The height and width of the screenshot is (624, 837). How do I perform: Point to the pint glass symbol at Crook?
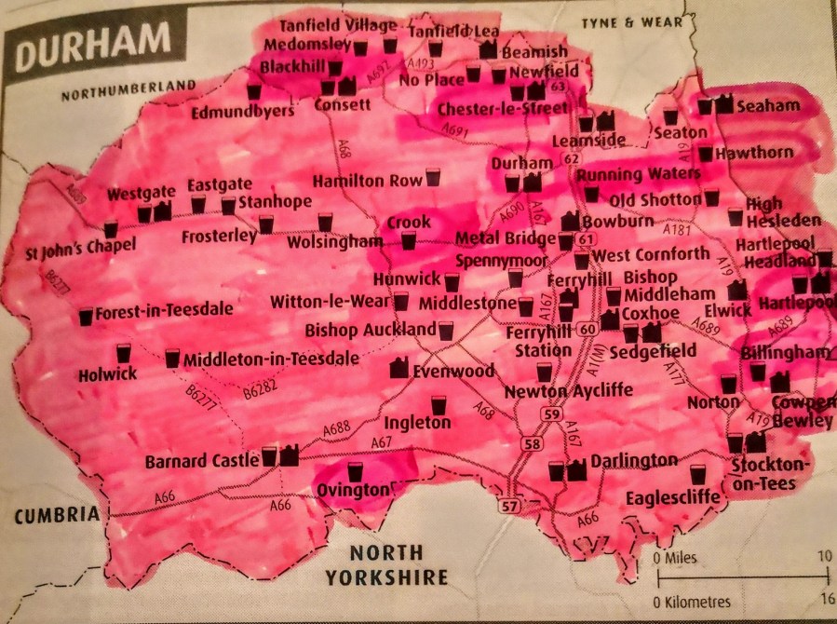[408, 241]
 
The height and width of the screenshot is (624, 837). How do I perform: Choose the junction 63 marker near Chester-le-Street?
[559, 87]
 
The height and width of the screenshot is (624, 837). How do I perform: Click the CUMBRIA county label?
[56, 514]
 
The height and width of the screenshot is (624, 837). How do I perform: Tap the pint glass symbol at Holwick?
[124, 353]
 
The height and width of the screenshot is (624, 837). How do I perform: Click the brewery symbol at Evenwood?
[398, 368]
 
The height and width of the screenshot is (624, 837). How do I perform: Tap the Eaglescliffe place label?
[674, 498]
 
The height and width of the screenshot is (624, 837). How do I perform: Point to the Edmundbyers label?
[242, 111]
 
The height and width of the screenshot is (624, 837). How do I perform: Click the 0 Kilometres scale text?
[693, 601]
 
